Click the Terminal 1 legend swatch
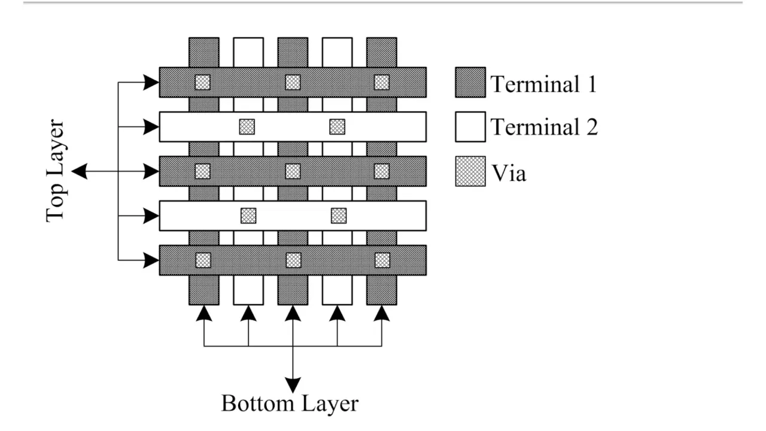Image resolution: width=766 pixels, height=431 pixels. (470, 82)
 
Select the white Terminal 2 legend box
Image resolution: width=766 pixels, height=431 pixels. (470, 127)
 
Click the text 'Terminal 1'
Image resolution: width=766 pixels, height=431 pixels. (543, 84)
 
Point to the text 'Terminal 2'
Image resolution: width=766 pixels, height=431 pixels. (544, 127)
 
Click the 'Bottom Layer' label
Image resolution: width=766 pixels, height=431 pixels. (290, 403)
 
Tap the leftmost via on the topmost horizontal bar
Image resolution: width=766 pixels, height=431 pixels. (203, 82)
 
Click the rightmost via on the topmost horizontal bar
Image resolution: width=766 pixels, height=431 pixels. (382, 82)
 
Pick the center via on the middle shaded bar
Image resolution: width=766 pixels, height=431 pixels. (293, 171)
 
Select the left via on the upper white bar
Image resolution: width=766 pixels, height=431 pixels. (247, 127)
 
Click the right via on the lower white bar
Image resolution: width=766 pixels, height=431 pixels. (339, 215)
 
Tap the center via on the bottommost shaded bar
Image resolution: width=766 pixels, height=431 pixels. (293, 260)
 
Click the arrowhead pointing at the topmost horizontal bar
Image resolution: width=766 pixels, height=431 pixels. (151, 82)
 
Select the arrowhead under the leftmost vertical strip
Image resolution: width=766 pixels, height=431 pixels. (204, 313)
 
